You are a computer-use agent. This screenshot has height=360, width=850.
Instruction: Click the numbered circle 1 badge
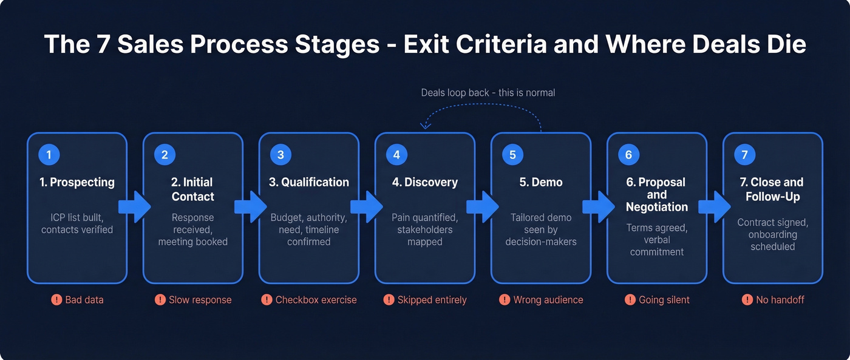pos(49,155)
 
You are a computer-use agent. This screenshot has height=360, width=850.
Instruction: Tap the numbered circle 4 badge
pos(396,155)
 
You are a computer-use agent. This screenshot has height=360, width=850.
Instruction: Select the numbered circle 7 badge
pos(744,155)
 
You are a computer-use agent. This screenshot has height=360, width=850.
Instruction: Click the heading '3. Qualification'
pos(309,182)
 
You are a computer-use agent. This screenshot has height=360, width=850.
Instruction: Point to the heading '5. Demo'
pos(540,182)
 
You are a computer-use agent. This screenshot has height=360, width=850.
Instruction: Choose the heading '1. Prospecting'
pos(77,182)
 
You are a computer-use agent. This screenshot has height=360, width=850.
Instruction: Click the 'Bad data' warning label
pos(84,299)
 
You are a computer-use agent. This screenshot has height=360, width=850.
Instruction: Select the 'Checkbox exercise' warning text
pos(316,299)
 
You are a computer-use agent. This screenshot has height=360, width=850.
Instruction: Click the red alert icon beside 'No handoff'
pos(747,299)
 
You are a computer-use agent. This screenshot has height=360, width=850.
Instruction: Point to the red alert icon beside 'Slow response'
pos(160,299)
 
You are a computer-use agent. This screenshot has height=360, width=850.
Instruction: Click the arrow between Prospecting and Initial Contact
pos(135,207)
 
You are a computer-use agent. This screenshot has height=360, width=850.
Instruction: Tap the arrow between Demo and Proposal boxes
pos(599,207)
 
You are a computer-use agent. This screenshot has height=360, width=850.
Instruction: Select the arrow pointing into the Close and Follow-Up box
pos(715,207)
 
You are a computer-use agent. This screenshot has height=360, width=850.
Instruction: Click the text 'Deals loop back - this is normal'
pos(488,93)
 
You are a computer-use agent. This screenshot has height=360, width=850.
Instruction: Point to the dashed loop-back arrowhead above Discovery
pos(426,126)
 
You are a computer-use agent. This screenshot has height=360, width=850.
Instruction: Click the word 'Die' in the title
pos(786,45)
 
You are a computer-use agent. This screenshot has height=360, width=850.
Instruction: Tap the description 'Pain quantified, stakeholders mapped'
pos(424,229)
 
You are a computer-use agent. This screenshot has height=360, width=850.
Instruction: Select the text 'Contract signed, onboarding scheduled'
pos(772,234)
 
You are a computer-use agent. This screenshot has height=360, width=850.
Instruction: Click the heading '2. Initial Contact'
pos(192,189)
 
